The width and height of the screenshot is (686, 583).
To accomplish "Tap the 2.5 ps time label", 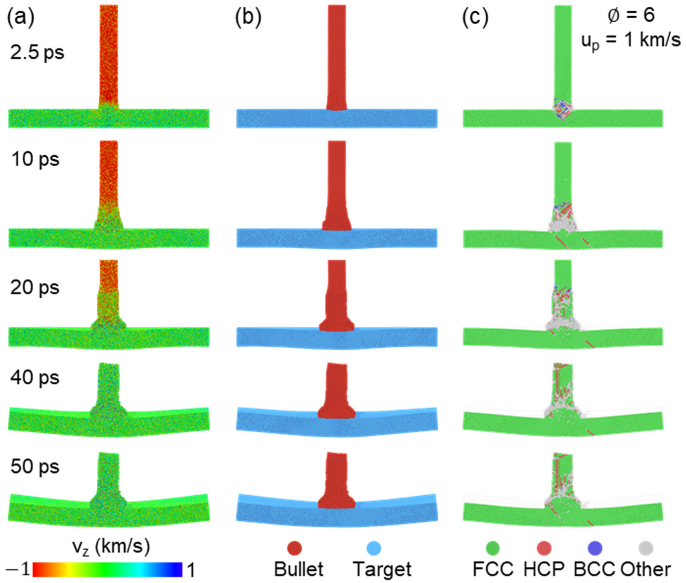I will tap(37, 53).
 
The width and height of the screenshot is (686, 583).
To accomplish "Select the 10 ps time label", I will tap(35, 159).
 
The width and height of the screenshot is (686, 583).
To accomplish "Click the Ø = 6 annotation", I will tap(631, 16).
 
